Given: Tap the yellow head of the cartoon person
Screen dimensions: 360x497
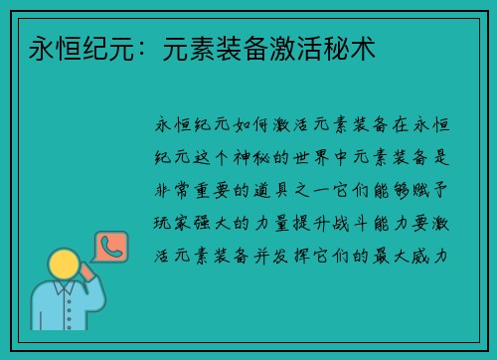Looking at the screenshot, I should (65, 265).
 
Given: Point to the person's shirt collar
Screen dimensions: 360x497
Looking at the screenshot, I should (65, 289).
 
